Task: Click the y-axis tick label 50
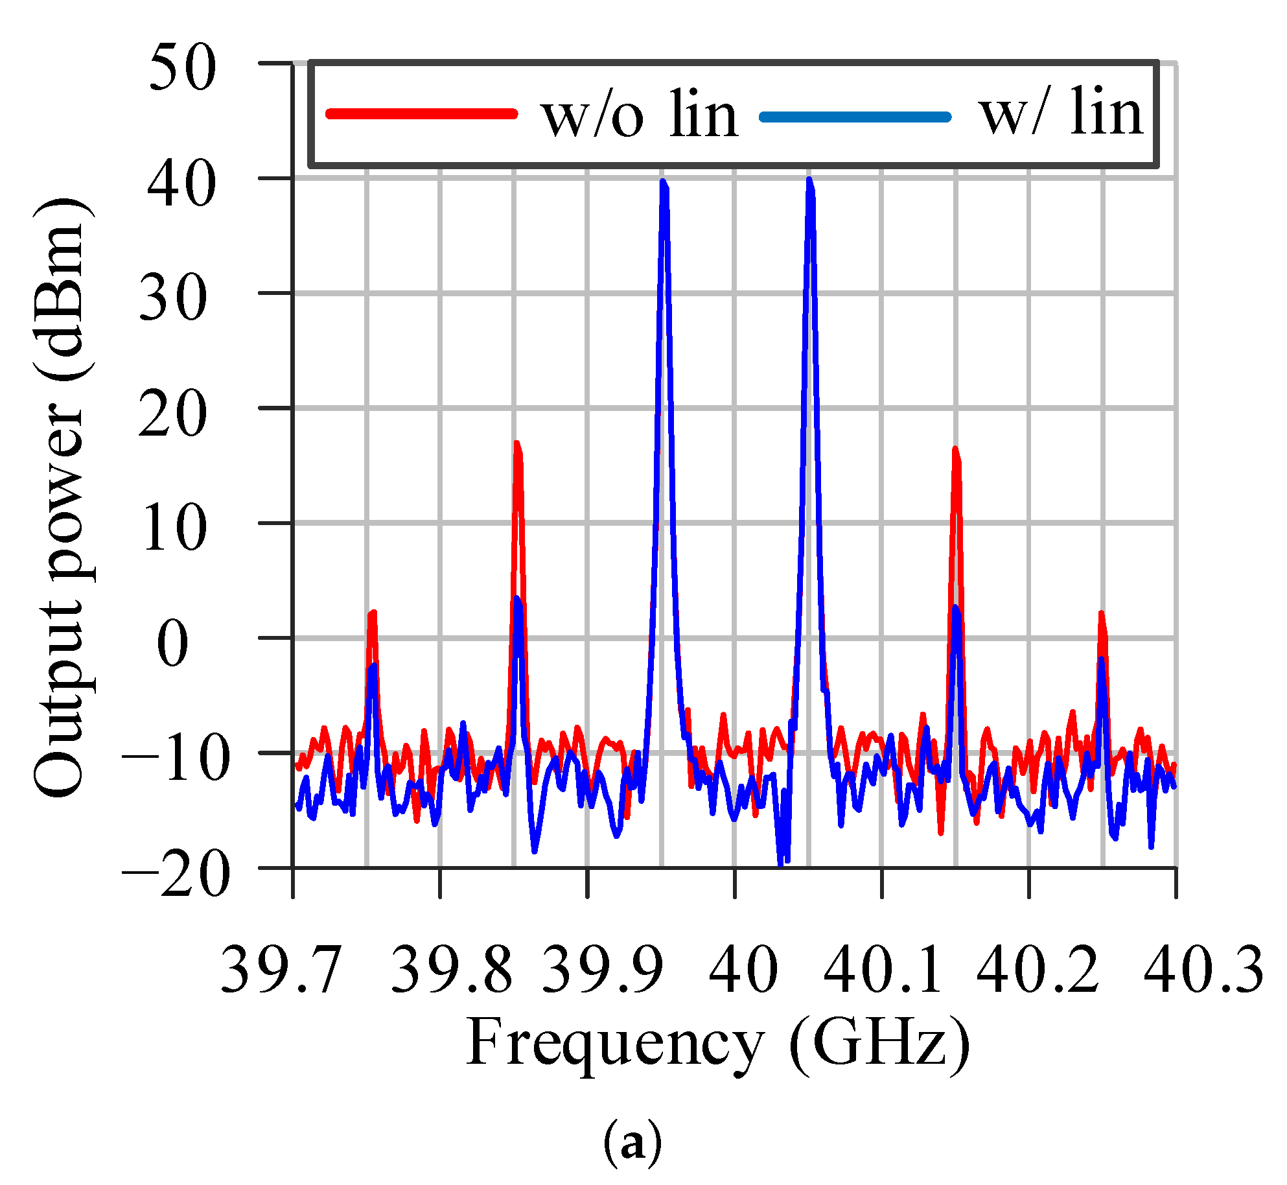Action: tap(182, 68)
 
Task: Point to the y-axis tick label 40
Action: tap(181, 185)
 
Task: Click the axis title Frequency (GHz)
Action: tap(718, 1043)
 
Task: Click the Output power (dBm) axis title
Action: tap(60, 497)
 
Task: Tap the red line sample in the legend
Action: tap(422, 114)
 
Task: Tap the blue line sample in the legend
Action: tap(855, 117)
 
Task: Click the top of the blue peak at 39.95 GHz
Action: tap(662, 182)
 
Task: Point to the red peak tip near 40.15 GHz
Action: tap(955, 449)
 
